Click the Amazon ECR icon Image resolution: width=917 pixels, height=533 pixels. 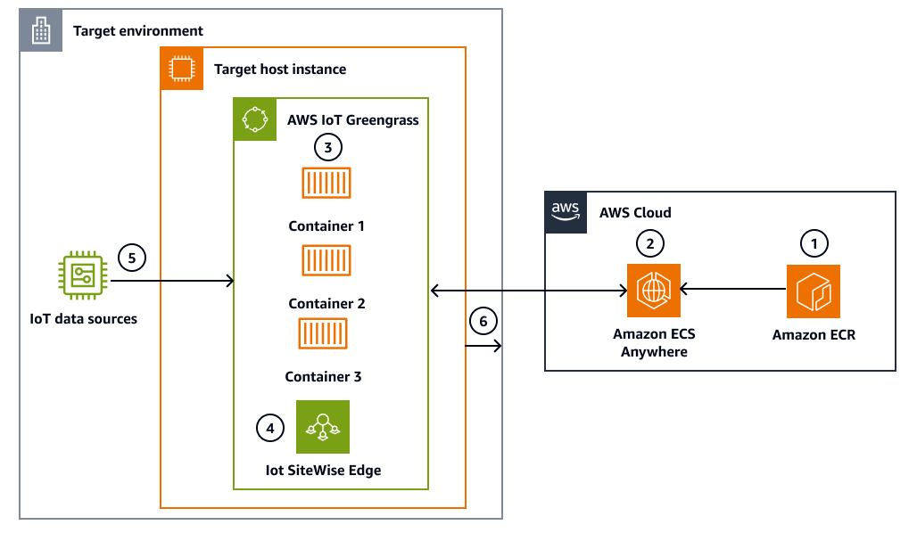tap(813, 291)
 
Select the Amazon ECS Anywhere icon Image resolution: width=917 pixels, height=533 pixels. tap(654, 291)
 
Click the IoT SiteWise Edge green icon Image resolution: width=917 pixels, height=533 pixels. tap(323, 427)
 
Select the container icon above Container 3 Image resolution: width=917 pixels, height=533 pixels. tap(323, 333)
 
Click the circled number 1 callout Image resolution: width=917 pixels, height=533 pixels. tap(813, 242)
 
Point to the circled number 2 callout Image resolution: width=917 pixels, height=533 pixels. tap(650, 242)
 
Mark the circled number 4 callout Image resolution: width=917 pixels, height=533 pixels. tap(270, 429)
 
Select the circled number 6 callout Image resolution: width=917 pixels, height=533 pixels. tap(482, 321)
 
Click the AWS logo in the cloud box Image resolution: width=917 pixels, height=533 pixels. tap(566, 212)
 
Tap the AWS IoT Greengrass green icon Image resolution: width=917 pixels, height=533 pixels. tap(254, 119)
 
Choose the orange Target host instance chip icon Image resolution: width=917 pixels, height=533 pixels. tap(181, 69)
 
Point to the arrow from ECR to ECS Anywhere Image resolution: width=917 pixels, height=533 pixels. tap(731, 289)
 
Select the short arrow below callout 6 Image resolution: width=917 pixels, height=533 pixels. tap(483, 346)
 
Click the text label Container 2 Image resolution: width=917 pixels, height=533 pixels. tap(326, 304)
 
